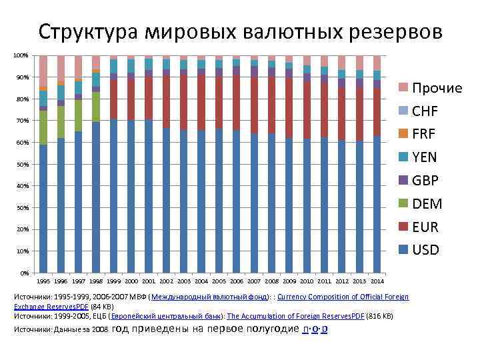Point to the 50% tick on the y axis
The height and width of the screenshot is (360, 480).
click(22, 164)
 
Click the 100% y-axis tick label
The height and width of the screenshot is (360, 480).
click(21, 55)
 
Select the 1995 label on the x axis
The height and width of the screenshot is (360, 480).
click(43, 281)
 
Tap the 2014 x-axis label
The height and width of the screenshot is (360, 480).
click(377, 281)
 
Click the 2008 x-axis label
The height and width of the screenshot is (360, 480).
click(271, 281)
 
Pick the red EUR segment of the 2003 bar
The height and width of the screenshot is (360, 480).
click(184, 100)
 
